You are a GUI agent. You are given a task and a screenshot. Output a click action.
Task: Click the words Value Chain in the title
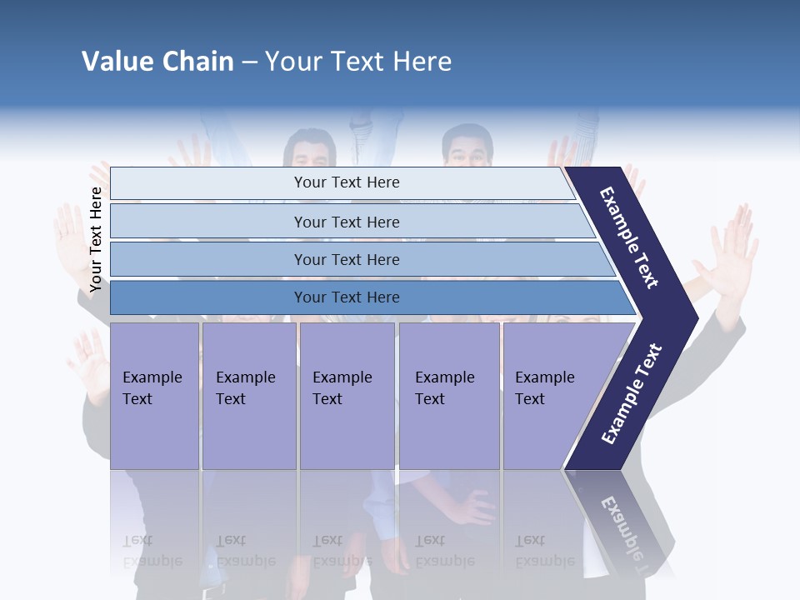157,62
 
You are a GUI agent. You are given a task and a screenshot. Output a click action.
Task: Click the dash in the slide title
249,62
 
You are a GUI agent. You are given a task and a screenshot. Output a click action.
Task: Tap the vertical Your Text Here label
96,240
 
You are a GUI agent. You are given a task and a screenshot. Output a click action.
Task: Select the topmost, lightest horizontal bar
346,182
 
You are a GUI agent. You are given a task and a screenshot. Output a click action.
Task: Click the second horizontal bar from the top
346,222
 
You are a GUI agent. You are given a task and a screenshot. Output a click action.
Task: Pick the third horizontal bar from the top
346,259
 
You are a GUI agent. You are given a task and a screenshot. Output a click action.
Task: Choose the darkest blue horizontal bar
346,297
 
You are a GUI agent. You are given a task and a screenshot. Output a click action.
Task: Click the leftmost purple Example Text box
154,395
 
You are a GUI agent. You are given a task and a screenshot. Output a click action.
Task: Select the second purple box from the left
248,395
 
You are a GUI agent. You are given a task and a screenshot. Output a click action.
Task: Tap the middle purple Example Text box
347,395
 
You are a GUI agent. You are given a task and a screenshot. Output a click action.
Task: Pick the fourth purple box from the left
449,395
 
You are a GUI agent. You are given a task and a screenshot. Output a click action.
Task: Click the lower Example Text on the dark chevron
632,393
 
